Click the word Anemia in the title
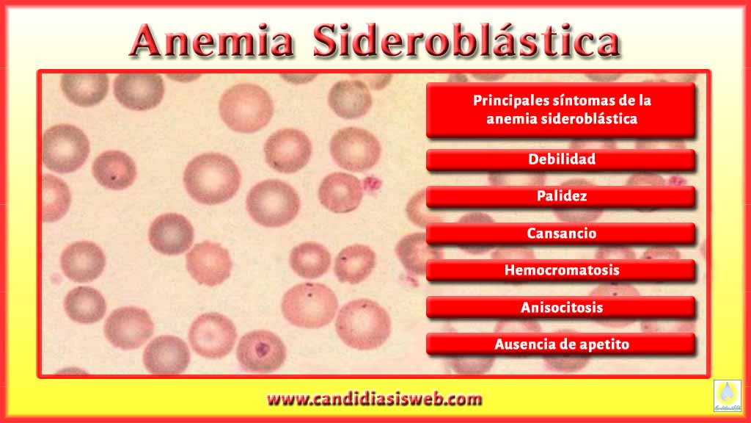211,41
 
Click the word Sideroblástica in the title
466,41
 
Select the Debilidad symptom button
561,159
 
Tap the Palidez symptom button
561,197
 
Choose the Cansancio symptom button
561,234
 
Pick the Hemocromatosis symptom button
561,270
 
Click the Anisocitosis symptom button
561,308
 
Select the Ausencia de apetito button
561,344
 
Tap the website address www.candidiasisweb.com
375,399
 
